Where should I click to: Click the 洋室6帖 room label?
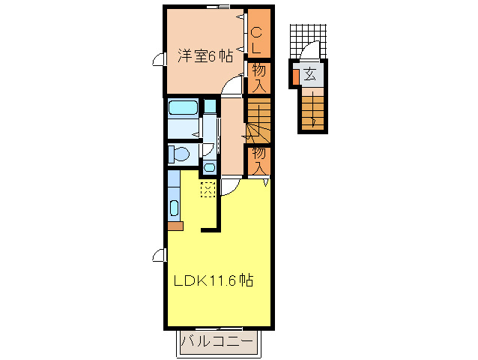click(x=205, y=56)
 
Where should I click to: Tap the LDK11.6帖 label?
click(x=213, y=280)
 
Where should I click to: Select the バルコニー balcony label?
click(x=217, y=342)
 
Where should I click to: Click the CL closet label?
click(x=256, y=40)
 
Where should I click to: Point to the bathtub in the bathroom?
click(x=183, y=108)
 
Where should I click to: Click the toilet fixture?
click(x=179, y=154)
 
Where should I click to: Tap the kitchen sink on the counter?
click(x=174, y=208)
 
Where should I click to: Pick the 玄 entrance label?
click(x=309, y=74)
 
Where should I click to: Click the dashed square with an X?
click(x=208, y=190)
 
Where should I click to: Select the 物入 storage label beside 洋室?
click(x=258, y=78)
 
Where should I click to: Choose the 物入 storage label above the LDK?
click(x=258, y=161)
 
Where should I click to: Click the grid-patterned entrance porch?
click(x=308, y=41)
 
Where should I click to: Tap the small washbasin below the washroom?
click(x=209, y=167)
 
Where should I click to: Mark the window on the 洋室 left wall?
click(x=160, y=59)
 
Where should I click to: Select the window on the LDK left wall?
click(x=160, y=255)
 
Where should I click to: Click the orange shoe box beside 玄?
click(x=295, y=77)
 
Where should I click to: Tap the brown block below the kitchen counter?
click(x=175, y=226)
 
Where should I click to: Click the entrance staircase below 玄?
click(x=312, y=111)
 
